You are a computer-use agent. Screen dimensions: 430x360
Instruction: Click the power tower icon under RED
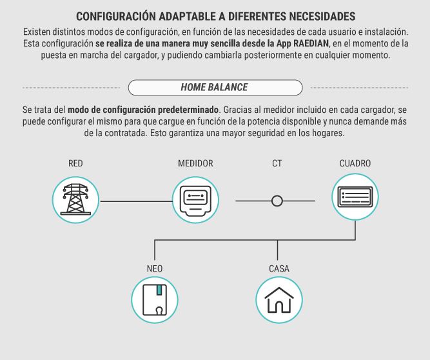click(75, 200)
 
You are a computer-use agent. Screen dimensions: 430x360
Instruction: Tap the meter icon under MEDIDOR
click(195, 200)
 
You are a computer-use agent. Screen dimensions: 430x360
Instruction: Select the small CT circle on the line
click(277, 201)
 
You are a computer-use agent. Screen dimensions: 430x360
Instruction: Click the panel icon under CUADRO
click(355, 197)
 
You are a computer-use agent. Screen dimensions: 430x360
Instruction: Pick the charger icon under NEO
click(155, 299)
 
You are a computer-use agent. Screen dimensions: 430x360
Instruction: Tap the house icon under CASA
click(279, 299)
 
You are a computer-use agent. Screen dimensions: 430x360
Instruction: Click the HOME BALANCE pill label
click(215, 88)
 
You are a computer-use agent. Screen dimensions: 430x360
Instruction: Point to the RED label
click(75, 163)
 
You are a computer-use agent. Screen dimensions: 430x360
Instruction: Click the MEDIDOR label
click(195, 163)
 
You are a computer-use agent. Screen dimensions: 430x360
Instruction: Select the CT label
click(277, 163)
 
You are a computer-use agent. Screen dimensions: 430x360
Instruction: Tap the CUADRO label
click(355, 163)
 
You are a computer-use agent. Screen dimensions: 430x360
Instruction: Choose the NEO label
click(155, 268)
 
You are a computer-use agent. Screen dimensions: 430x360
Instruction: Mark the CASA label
click(279, 268)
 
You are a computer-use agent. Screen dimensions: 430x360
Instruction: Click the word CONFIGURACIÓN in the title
click(116, 17)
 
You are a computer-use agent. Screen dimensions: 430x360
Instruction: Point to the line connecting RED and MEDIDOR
click(136, 201)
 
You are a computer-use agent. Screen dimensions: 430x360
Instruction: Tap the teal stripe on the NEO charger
click(159, 290)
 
